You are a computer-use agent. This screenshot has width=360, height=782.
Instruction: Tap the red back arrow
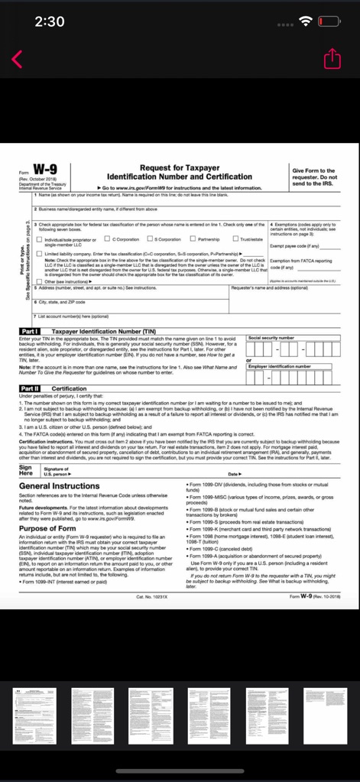point(18,58)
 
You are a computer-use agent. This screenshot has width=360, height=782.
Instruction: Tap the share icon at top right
point(332,59)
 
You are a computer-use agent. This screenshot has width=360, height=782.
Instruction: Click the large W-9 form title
point(43,172)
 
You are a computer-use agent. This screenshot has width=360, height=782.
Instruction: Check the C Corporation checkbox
point(108,218)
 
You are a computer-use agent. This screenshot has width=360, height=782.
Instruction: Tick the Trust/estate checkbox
point(235,218)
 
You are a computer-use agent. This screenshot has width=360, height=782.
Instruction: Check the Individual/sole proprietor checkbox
point(39,219)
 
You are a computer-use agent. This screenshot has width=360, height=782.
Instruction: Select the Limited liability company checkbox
point(39,232)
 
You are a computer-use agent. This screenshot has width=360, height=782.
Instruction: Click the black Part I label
point(33,331)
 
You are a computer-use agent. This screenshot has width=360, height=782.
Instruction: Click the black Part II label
point(33,388)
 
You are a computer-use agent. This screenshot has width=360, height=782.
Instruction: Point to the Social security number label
point(271,337)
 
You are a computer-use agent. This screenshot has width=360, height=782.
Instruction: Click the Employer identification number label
point(280,366)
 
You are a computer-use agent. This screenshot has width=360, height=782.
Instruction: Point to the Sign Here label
point(25,451)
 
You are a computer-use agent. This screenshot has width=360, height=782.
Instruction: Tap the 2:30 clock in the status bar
point(50,21)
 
